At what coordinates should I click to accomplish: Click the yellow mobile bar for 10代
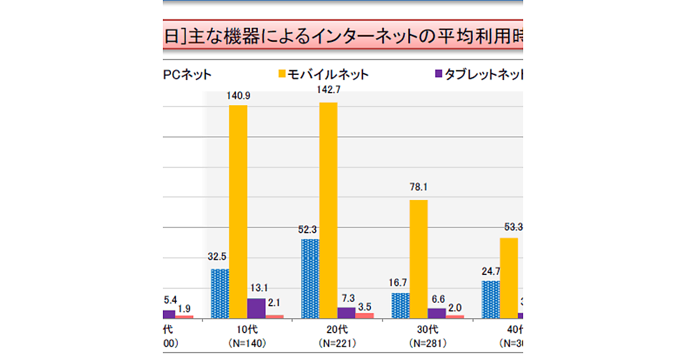(238, 211)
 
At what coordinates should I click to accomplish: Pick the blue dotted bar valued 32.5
(220, 293)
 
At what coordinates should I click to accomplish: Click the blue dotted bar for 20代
(310, 278)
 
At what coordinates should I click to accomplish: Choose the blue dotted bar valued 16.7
(401, 305)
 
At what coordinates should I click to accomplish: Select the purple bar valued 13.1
(256, 308)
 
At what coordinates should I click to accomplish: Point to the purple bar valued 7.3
(346, 313)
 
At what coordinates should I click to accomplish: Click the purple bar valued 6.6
(437, 313)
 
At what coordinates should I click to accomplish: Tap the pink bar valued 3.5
(364, 315)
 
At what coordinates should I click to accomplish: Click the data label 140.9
(238, 97)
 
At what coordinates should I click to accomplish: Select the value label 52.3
(310, 230)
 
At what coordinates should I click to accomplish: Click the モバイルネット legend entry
(323, 74)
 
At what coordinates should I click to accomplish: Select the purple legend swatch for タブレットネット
(439, 74)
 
